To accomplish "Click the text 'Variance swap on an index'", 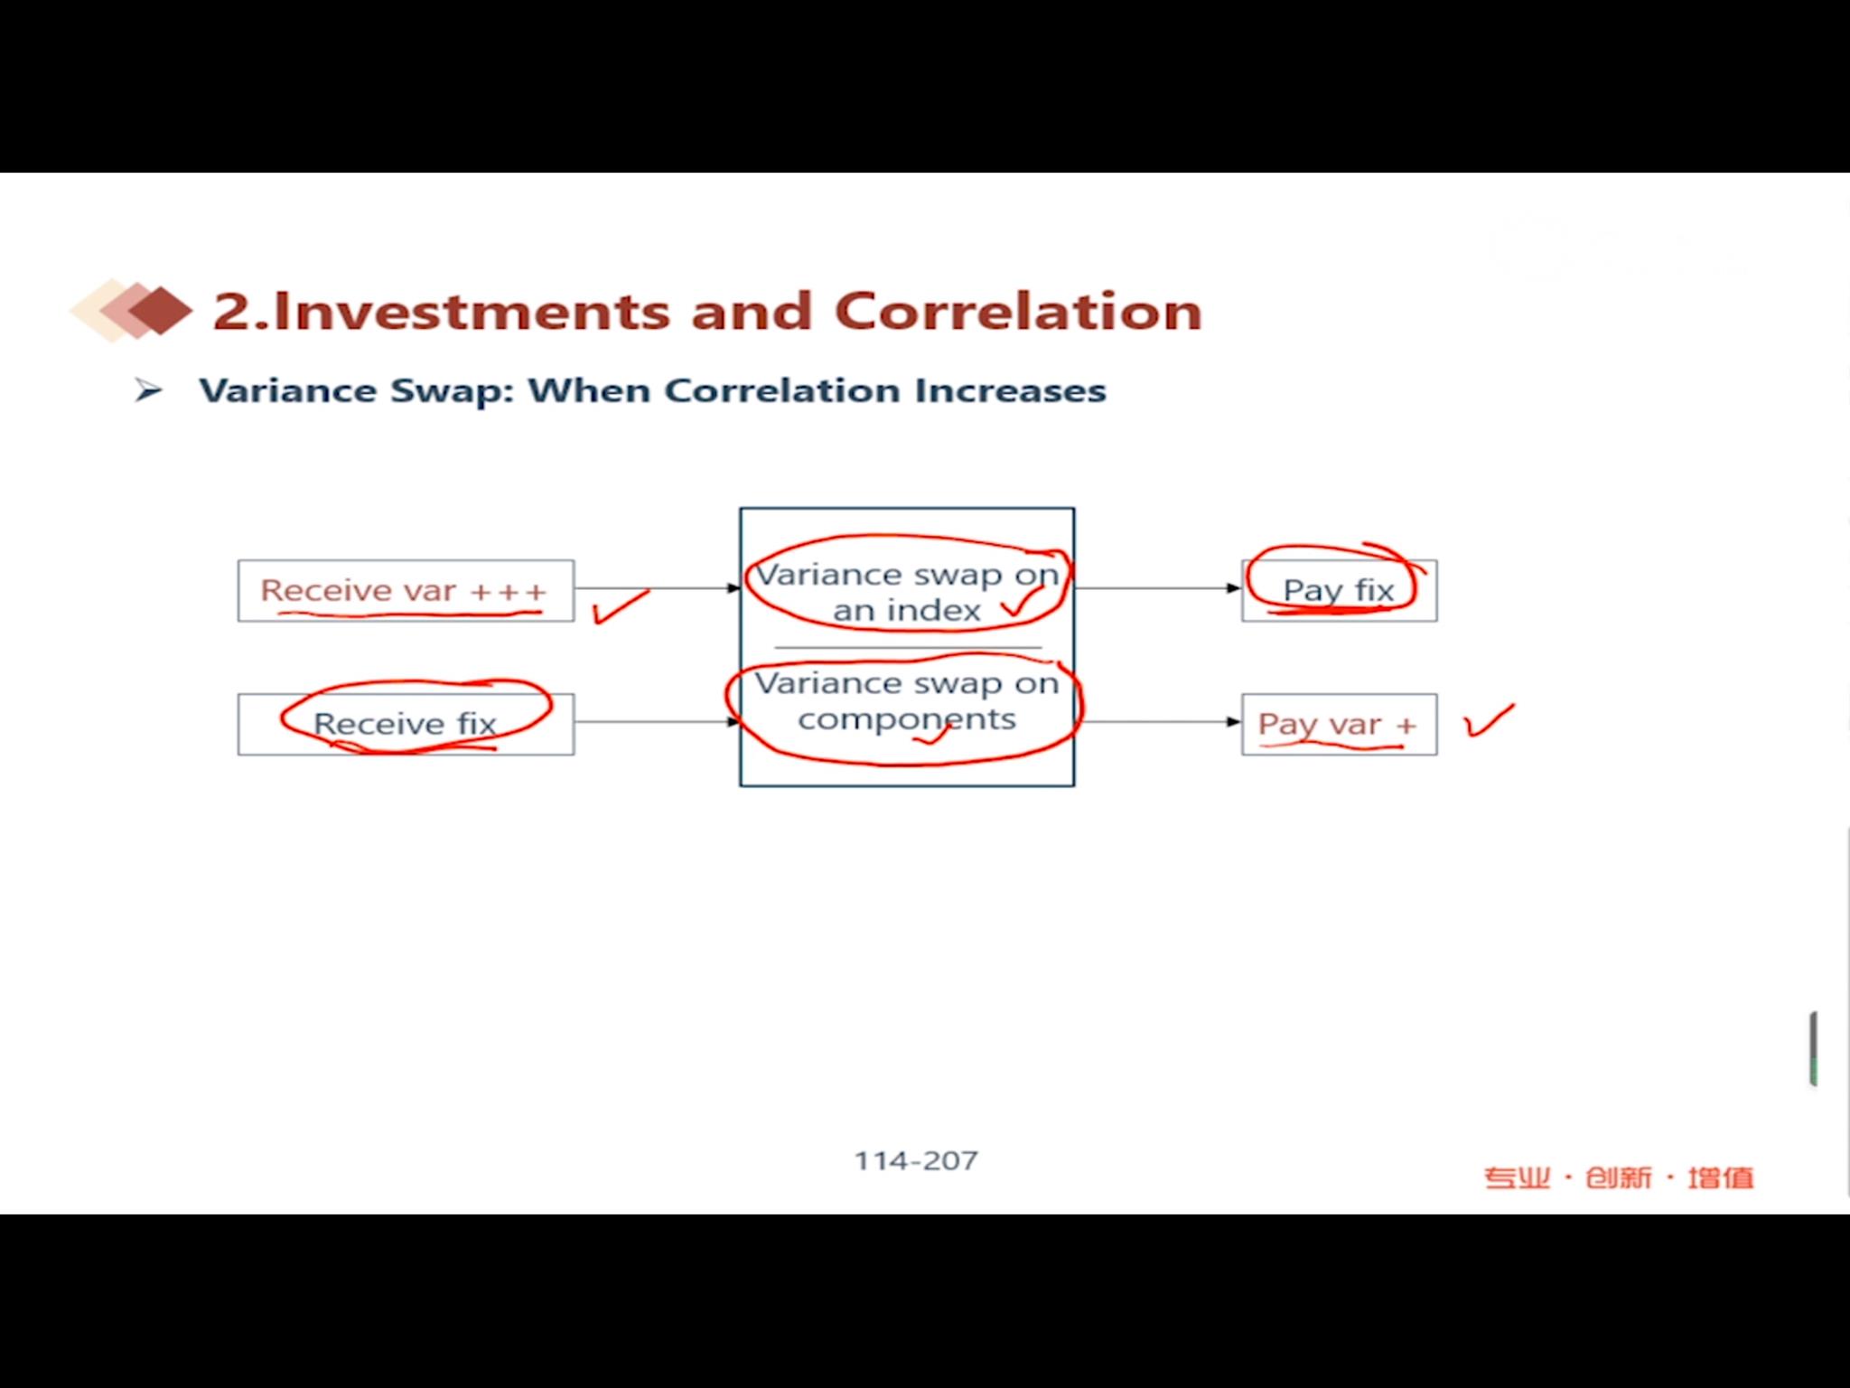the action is [x=907, y=593].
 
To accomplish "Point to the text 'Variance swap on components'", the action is [x=907, y=701].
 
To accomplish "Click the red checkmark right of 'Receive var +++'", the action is [x=620, y=607].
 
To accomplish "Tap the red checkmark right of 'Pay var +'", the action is [x=1489, y=721].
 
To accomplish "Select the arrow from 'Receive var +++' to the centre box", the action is [x=658, y=588].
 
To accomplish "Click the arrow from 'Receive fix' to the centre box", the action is [x=658, y=722].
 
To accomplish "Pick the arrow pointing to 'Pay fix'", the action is [x=1159, y=588].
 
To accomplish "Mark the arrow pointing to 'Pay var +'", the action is [x=1159, y=722].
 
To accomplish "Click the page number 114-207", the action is [x=916, y=1160].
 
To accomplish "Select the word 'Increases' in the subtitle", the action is [x=1010, y=390].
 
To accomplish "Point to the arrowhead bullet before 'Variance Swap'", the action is [x=148, y=390].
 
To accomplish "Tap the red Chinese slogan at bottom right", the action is [x=1619, y=1177].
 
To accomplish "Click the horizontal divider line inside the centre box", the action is [x=908, y=648].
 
